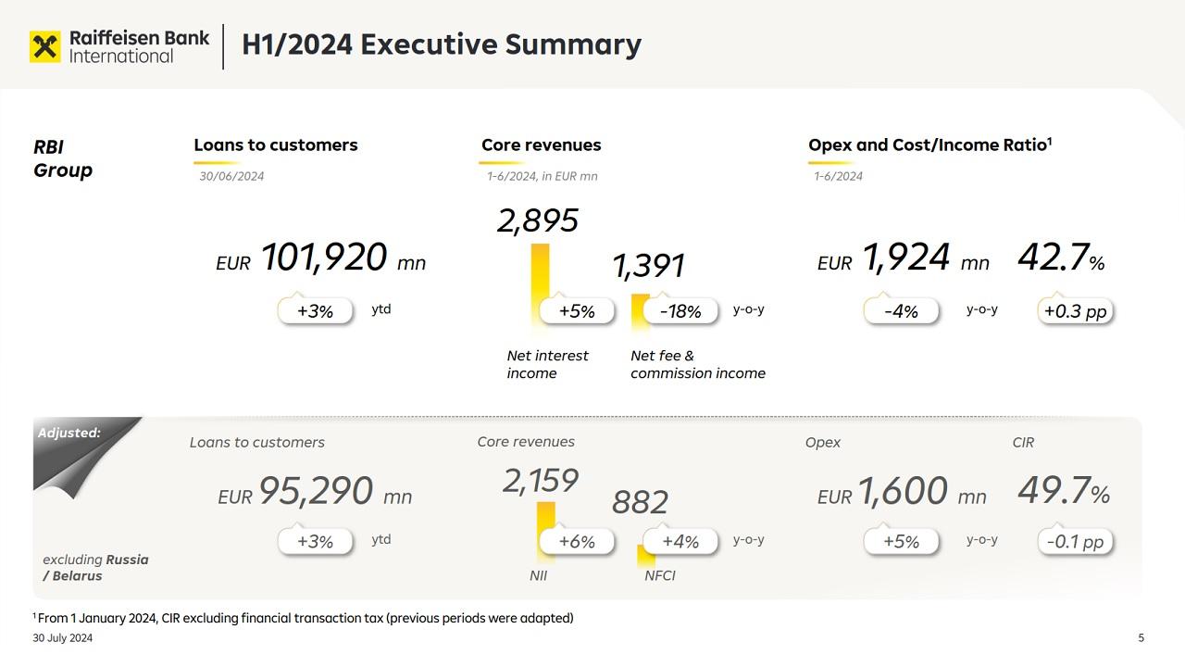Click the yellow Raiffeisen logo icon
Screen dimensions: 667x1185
point(44,46)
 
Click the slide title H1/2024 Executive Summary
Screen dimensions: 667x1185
point(441,44)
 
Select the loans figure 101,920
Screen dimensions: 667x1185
point(323,258)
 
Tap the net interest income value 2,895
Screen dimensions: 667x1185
point(538,220)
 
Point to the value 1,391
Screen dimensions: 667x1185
point(648,266)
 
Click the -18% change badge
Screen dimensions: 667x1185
point(680,311)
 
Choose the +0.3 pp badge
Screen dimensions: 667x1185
point(1075,311)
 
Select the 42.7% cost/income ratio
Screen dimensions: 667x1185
point(1061,258)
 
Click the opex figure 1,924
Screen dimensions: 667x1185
point(906,258)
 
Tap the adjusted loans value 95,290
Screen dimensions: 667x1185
point(316,491)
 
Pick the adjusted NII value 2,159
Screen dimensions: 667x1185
point(541,481)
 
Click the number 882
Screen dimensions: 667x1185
point(640,502)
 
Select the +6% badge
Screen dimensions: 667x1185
point(577,541)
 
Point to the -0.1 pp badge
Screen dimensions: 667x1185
point(1075,541)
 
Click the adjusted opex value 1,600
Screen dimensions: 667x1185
point(903,491)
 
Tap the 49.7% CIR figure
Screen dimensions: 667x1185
point(1063,491)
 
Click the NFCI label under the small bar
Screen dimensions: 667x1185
point(660,575)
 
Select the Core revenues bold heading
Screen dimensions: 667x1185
point(541,145)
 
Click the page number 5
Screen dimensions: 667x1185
point(1141,637)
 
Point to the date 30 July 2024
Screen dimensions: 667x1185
point(63,637)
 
